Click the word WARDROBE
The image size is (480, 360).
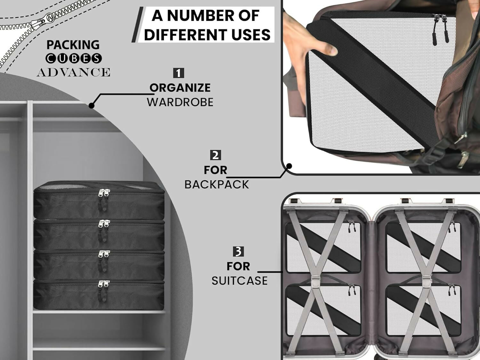(180, 102)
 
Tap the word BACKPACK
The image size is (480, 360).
(217, 185)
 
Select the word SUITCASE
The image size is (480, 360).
(239, 281)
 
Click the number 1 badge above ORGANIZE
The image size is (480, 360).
(179, 73)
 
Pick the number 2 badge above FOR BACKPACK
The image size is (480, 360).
(215, 155)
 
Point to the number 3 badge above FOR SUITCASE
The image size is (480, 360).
(238, 252)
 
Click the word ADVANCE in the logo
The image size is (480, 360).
(73, 72)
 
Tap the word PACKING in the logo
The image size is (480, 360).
(73, 45)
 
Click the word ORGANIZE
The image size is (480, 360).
(180, 88)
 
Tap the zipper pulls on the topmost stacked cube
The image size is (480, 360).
(104, 199)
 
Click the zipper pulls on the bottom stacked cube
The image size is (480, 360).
(103, 290)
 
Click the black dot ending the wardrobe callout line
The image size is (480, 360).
(92, 106)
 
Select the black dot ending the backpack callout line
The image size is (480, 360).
(289, 166)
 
